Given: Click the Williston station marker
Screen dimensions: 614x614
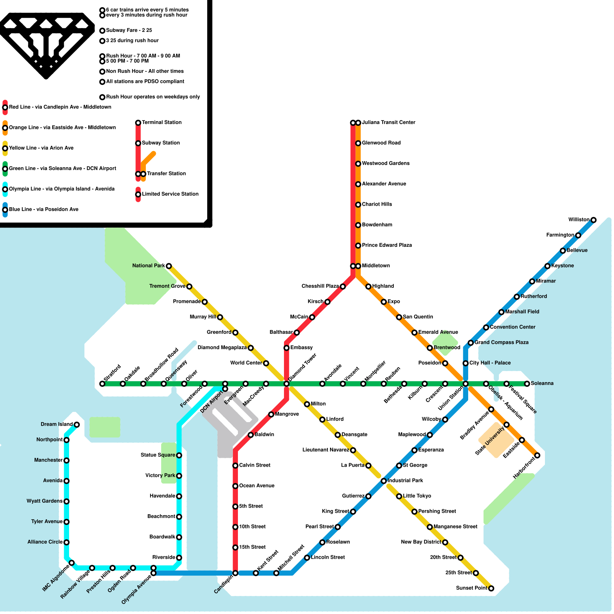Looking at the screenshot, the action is (x=593, y=220).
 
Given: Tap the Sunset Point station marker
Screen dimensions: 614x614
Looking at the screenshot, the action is (x=491, y=588).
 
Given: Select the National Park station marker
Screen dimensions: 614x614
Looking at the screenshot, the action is (x=168, y=266).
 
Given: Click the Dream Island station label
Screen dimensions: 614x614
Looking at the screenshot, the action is (x=56, y=424).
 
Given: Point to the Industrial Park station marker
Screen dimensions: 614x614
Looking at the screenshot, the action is (x=383, y=481).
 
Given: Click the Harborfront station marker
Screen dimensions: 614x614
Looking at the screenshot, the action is (x=537, y=456).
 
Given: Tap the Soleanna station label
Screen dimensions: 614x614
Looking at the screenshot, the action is (x=542, y=383).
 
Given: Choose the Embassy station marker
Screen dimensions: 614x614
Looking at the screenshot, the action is (x=286, y=348).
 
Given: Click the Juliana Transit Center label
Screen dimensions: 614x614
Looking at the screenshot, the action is (x=388, y=122).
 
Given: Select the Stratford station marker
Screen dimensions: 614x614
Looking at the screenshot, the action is (x=102, y=384).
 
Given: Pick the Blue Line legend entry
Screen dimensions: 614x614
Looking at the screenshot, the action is (x=43, y=210).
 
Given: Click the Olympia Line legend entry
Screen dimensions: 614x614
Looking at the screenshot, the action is (x=61, y=189).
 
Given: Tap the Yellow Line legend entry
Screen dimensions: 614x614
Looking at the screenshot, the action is (x=41, y=148).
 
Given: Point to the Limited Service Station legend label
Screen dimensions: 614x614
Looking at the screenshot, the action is (x=170, y=194).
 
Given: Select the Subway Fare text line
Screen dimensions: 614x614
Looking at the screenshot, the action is (x=129, y=30).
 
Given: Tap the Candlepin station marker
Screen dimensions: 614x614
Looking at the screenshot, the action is (x=235, y=573).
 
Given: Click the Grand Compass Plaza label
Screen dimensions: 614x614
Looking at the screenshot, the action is (x=501, y=342).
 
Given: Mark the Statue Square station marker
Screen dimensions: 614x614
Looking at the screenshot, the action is (x=179, y=456).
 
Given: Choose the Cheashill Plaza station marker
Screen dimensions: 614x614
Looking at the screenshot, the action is (x=343, y=287).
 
